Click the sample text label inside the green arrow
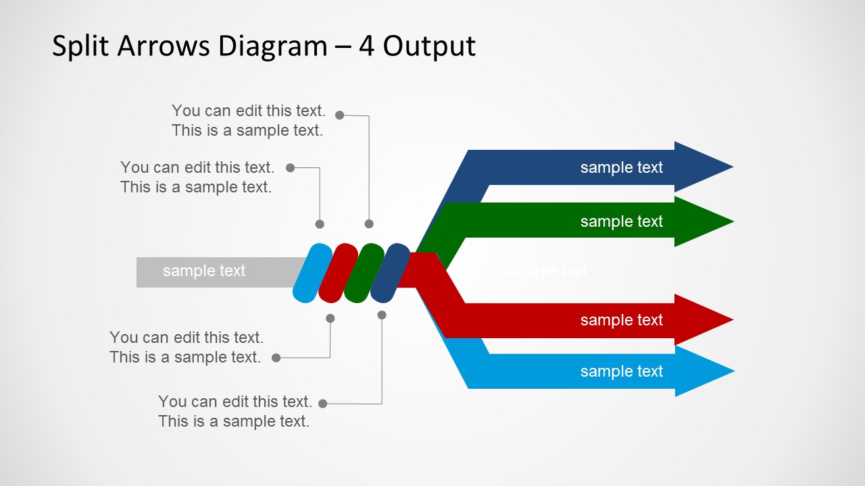[x=621, y=221]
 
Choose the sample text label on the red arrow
[x=621, y=320]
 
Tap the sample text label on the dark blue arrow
[x=621, y=167]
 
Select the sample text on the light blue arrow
[x=621, y=371]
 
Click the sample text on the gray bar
[x=203, y=271]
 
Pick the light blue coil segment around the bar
[x=312, y=273]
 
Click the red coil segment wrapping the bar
[x=337, y=273]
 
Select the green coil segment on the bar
[x=364, y=273]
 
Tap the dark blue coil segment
[x=390, y=273]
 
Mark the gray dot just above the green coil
[x=369, y=223]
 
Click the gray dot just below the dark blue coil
[x=382, y=315]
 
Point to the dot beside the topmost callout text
[x=340, y=115]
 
